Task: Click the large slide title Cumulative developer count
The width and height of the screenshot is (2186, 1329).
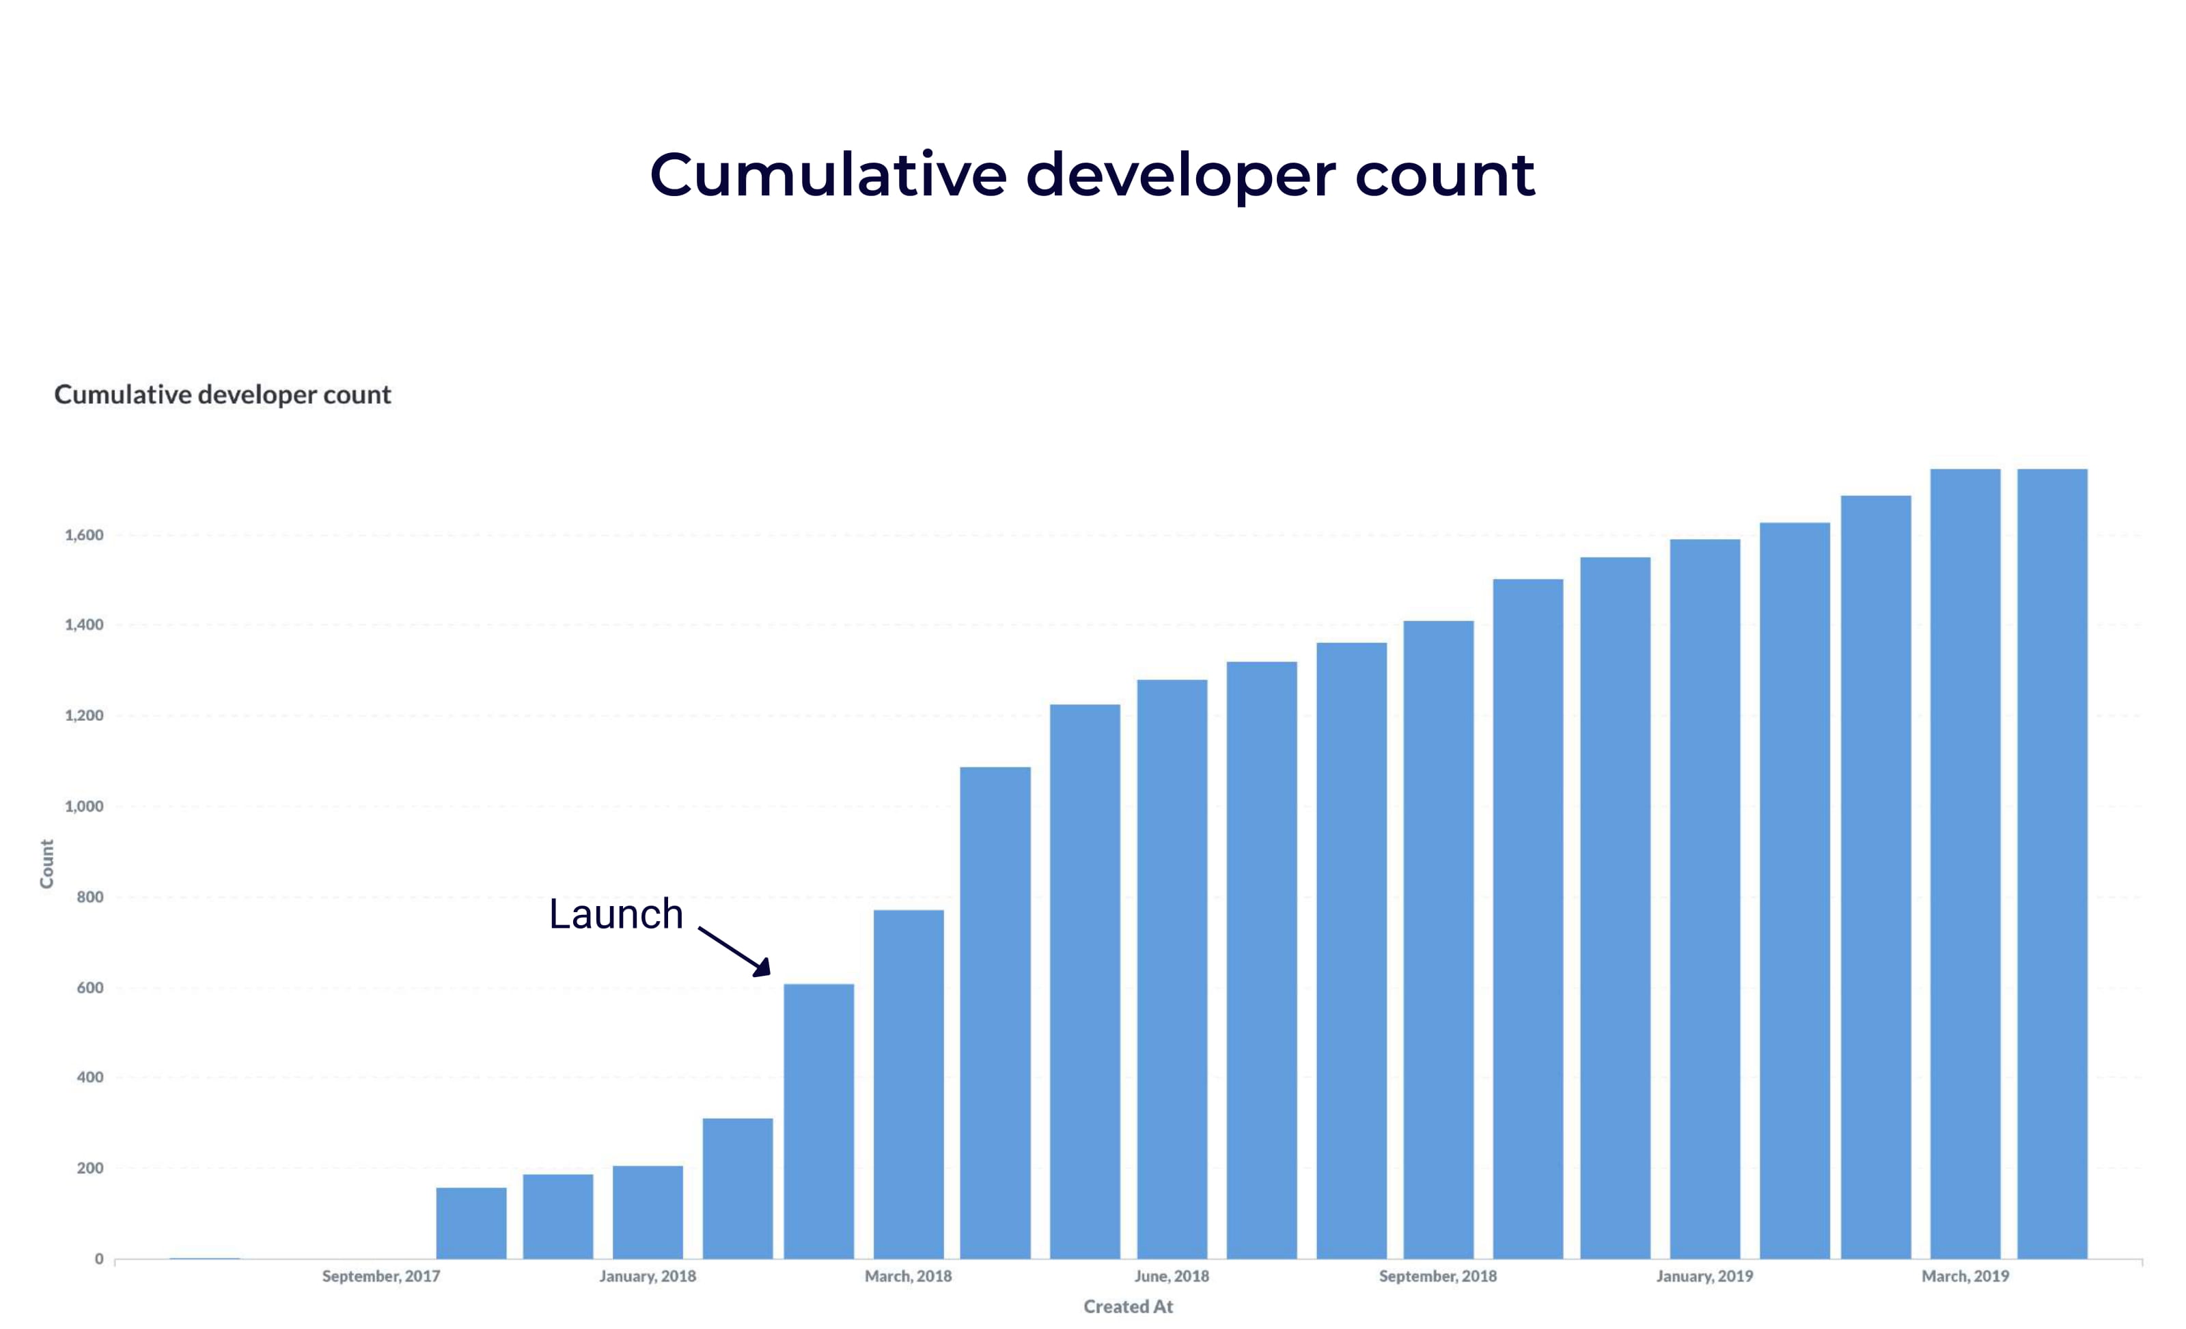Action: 1092,175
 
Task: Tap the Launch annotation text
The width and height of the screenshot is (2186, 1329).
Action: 615,914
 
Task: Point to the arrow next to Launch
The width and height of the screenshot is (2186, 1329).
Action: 734,951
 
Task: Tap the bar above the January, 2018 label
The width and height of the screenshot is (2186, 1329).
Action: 648,1212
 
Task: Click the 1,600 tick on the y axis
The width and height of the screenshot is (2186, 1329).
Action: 84,535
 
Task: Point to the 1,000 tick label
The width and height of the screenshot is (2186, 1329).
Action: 84,806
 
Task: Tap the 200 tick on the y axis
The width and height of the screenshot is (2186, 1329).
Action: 89,1168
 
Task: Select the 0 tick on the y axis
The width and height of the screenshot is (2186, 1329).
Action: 99,1258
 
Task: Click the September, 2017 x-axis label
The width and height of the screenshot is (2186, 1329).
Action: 381,1276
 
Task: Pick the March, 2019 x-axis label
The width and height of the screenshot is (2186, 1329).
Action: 1965,1276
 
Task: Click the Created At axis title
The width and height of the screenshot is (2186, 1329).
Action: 1128,1306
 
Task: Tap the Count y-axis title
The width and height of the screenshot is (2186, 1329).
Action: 47,863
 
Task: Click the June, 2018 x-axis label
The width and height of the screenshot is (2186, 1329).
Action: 1171,1276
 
